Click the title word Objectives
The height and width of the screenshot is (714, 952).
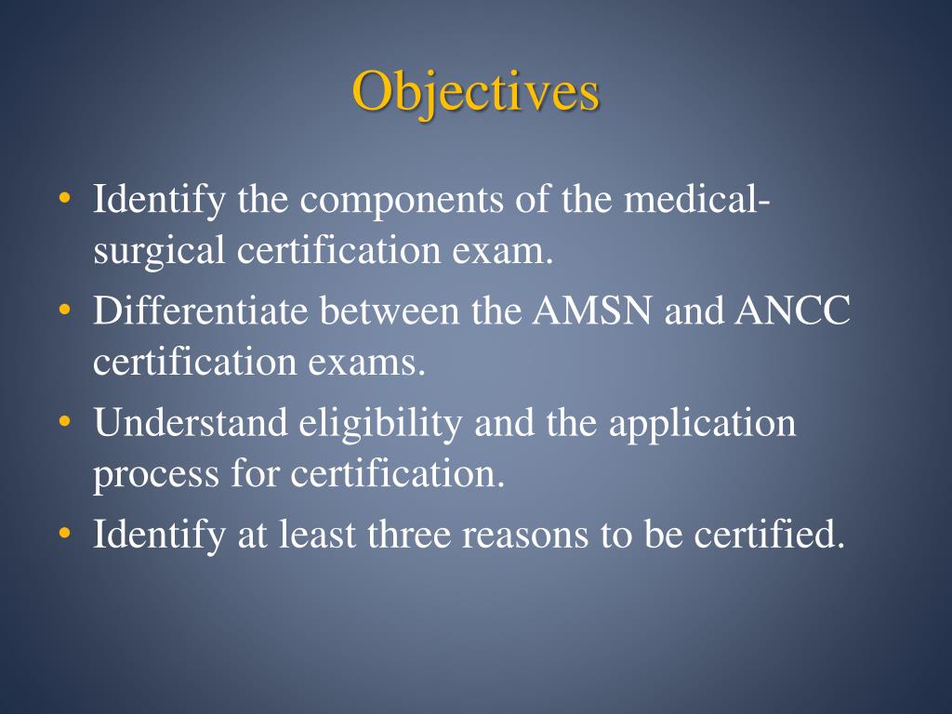click(475, 93)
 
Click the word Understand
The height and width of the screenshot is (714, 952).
click(191, 423)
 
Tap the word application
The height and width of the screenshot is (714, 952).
click(703, 423)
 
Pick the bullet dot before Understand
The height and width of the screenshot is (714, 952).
click(64, 422)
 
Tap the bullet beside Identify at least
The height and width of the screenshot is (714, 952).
click(64, 534)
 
